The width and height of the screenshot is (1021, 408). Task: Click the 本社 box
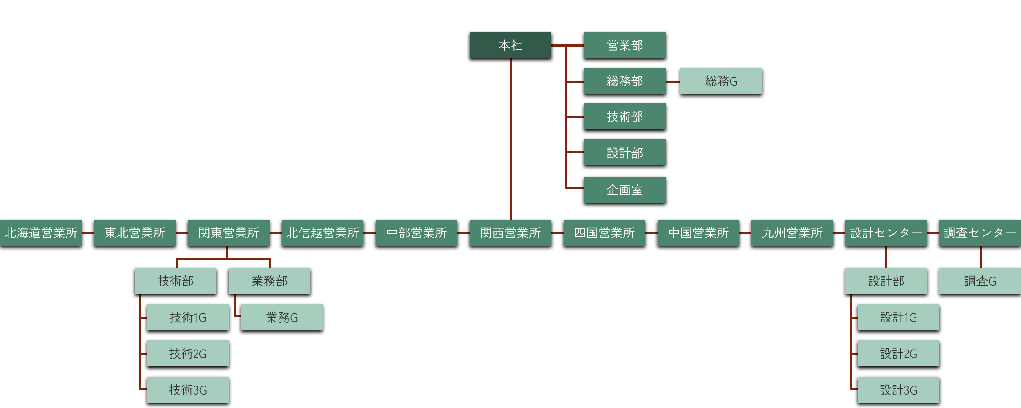click(510, 45)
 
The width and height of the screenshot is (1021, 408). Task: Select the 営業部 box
click(624, 45)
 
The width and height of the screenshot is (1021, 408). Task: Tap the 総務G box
click(721, 81)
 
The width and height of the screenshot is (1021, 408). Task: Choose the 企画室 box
click(624, 190)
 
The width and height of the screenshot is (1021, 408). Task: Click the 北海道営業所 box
click(41, 233)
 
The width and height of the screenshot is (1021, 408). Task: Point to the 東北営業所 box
click(135, 233)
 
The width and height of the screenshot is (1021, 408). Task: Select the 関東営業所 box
click(228, 233)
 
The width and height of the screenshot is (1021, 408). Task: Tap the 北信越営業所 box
click(322, 233)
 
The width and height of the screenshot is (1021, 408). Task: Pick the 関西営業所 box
click(510, 233)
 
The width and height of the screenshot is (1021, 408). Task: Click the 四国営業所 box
click(604, 233)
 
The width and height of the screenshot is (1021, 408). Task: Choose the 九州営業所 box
click(792, 233)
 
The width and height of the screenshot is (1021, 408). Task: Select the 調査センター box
click(980, 233)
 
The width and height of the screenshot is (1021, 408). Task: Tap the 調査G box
click(980, 281)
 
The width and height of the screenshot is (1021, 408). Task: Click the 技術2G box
click(187, 353)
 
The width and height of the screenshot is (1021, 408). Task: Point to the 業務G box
click(281, 317)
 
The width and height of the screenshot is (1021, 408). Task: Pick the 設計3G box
click(898, 390)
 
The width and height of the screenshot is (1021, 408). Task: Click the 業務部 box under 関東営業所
click(269, 281)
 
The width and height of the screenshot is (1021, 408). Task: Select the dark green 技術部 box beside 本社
click(624, 117)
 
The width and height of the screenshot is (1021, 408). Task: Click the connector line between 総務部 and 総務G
click(673, 81)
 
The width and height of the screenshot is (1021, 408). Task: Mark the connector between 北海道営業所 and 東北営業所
click(88, 233)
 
